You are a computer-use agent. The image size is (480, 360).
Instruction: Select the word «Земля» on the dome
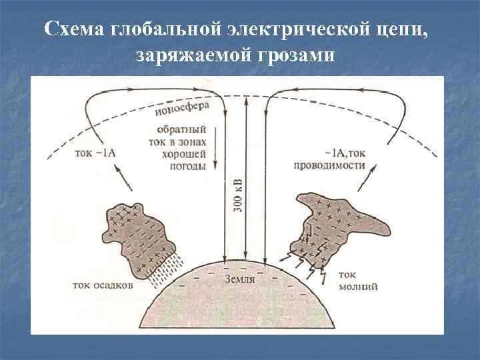click(x=240, y=279)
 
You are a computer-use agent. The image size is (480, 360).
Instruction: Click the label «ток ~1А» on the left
click(x=97, y=152)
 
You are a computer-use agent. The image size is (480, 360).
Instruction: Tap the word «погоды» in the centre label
click(x=189, y=167)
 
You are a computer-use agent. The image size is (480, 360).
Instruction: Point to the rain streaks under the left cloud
click(x=163, y=270)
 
